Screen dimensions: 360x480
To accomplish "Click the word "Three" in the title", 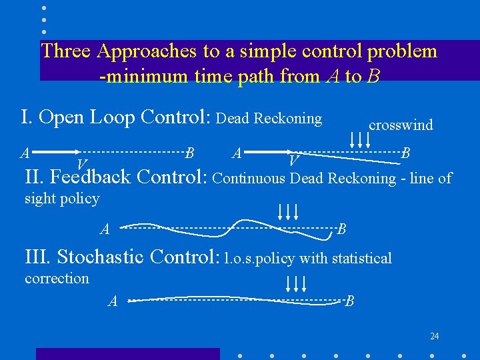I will (66, 51).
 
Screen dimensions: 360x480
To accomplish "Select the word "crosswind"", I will (401, 125).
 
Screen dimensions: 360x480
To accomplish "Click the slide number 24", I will (435, 336).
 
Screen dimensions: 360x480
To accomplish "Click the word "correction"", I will (57, 278).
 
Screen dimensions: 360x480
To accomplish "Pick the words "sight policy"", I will (62, 198).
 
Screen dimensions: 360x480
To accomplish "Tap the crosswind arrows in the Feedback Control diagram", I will (287, 212).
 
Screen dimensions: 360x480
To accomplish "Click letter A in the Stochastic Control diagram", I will (113, 302).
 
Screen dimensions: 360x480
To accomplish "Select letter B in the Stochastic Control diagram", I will (349, 301).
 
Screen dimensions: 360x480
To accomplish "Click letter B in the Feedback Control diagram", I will (341, 230).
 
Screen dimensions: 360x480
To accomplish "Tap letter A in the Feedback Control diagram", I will (105, 231).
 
